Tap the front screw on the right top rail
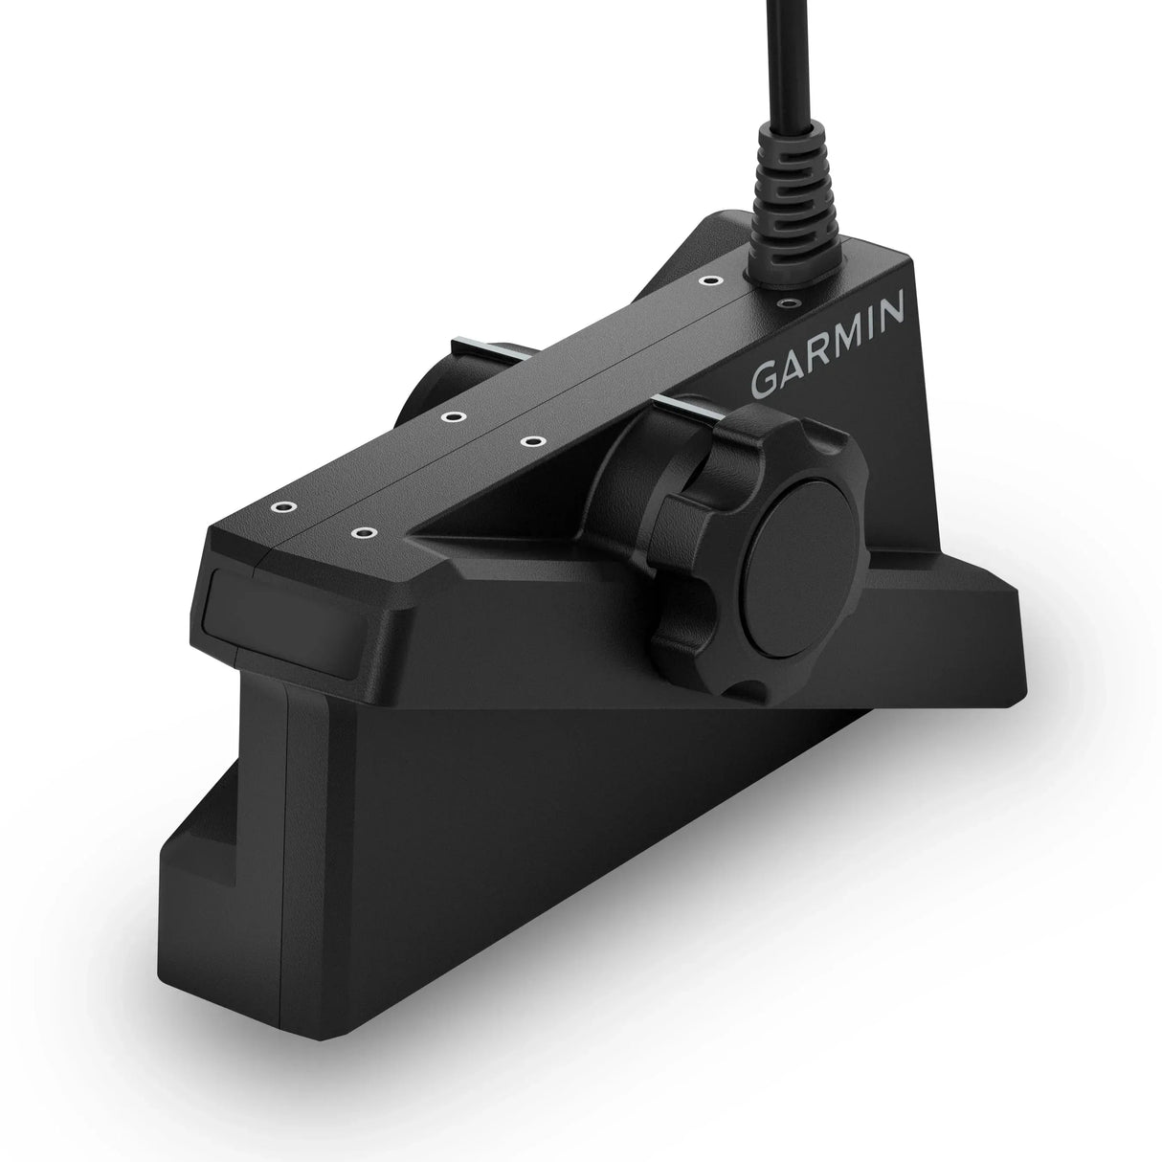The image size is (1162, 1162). pos(362,530)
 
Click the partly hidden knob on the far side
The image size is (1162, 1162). pos(421,402)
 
